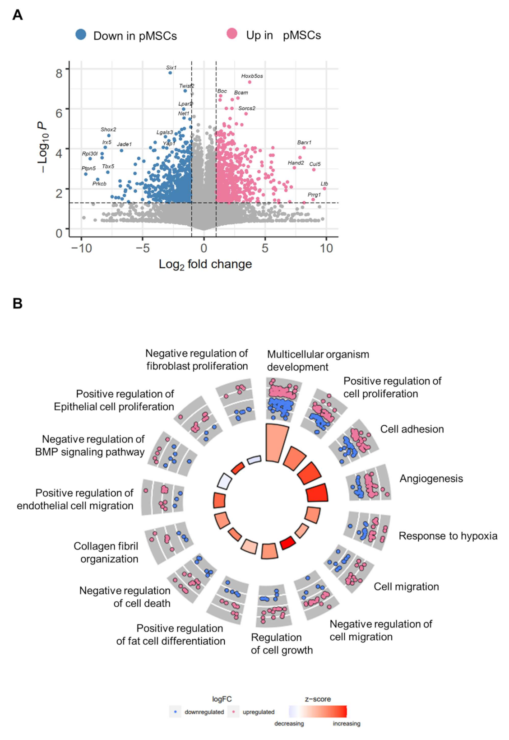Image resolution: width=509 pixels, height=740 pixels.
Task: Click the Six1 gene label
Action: tap(171, 68)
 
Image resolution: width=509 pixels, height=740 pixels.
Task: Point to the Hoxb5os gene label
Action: tap(252, 76)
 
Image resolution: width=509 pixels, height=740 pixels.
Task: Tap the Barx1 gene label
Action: tap(304, 143)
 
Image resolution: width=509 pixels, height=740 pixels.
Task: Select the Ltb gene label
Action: tap(324, 184)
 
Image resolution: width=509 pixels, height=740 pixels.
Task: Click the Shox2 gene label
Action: tap(108, 130)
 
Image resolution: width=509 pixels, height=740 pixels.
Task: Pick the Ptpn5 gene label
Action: tap(88, 168)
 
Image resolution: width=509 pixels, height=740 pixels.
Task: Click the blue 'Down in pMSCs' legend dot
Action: tap(81, 35)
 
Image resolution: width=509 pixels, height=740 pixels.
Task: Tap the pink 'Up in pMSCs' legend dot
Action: tap(232, 34)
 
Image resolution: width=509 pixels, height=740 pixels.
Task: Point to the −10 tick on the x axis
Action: tap(82, 248)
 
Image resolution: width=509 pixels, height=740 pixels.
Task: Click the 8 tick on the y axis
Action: tap(59, 73)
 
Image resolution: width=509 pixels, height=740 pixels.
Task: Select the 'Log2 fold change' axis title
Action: tap(205, 265)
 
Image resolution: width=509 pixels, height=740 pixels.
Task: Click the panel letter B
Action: tap(18, 303)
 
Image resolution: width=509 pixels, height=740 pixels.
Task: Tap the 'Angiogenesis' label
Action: tap(431, 479)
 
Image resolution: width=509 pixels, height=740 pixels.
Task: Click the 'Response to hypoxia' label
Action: tap(448, 536)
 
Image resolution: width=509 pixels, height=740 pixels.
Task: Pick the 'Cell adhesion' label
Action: tap(412, 429)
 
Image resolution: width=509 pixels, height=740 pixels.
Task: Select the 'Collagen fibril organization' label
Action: tap(106, 553)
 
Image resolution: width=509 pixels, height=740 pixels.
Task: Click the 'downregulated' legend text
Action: tap(204, 712)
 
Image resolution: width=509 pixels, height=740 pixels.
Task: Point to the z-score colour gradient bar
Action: tap(318, 712)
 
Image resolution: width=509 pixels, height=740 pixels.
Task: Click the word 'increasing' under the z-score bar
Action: tap(347, 724)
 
